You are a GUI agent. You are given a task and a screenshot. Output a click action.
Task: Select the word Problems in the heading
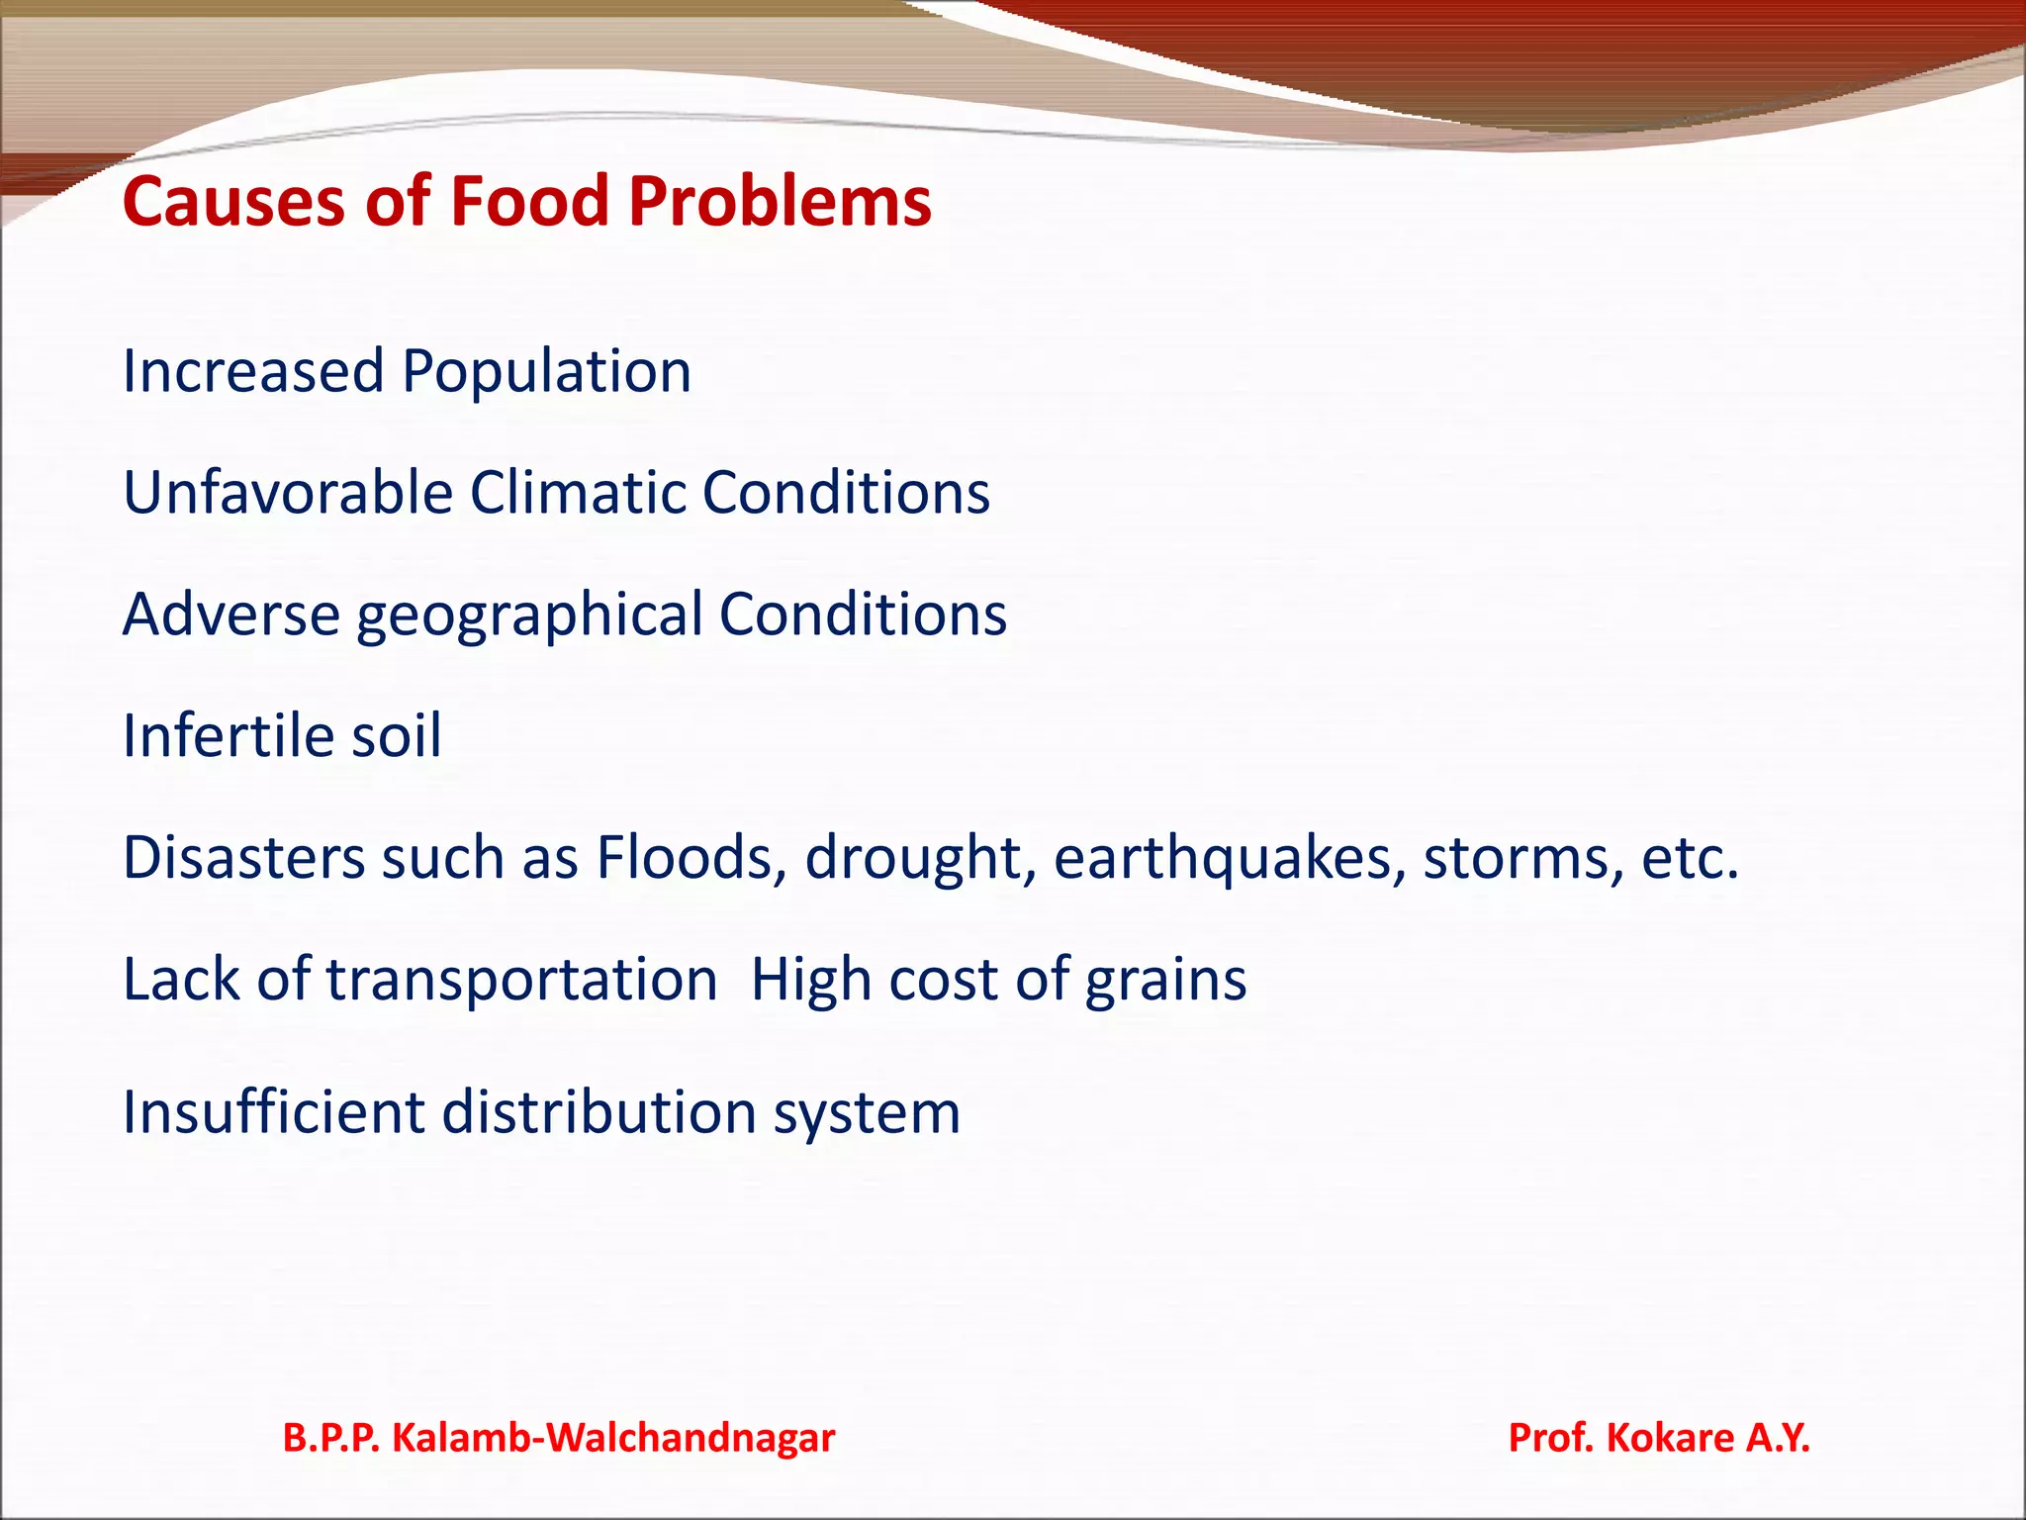point(780,202)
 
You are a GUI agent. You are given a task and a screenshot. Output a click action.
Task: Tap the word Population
point(546,372)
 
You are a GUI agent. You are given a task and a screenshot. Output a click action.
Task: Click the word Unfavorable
point(287,493)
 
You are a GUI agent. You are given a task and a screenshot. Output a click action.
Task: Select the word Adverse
point(231,615)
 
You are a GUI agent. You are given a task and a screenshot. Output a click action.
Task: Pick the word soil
point(396,736)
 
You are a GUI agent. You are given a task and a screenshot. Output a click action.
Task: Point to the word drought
point(920,859)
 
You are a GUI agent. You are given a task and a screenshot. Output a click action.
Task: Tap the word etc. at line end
point(1689,859)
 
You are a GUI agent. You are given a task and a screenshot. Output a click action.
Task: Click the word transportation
point(521,980)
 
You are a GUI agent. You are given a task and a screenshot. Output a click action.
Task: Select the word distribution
point(598,1112)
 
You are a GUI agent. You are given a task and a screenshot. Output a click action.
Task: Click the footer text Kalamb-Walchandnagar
point(613,1438)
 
